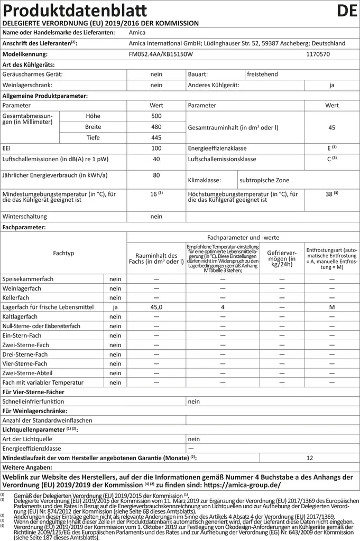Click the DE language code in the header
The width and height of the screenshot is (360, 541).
click(x=346, y=11)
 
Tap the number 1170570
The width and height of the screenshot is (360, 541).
click(x=318, y=54)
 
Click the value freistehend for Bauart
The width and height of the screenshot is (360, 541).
click(x=262, y=74)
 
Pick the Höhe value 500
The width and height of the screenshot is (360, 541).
click(x=156, y=116)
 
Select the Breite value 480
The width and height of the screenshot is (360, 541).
click(x=156, y=127)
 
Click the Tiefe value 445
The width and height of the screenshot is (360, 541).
click(x=156, y=137)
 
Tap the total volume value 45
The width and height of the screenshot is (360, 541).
click(x=331, y=127)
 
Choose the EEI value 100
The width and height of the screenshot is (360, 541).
click(x=156, y=148)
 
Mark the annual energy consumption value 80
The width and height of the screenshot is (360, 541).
click(x=156, y=175)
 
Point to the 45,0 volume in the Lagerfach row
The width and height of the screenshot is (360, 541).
click(x=156, y=307)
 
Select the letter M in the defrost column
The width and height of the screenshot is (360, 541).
click(x=331, y=307)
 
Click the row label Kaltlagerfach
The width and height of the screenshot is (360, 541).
click(x=20, y=316)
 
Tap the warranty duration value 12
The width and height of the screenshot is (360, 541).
click(x=309, y=458)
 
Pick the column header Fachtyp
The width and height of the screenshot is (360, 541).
click(x=63, y=253)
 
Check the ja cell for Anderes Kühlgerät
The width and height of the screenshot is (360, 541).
click(x=331, y=85)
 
